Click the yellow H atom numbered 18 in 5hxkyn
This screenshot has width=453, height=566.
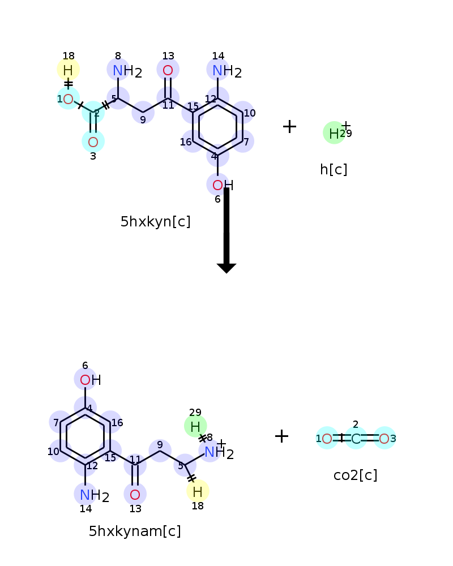pyautogui.click(x=68, y=70)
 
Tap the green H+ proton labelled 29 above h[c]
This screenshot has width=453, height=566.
pyautogui.click(x=334, y=133)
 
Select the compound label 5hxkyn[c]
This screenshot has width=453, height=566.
pyautogui.click(x=155, y=222)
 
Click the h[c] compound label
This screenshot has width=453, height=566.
pyautogui.click(x=334, y=169)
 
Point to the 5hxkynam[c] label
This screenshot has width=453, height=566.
pyautogui.click(x=135, y=531)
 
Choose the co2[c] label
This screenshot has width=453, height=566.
pyautogui.click(x=356, y=475)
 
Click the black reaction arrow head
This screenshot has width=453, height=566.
pyautogui.click(x=226, y=268)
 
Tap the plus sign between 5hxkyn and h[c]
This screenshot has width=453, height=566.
pyautogui.click(x=289, y=126)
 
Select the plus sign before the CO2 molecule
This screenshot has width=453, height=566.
pyautogui.click(x=282, y=436)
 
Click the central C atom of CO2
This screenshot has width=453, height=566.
pyautogui.click(x=356, y=439)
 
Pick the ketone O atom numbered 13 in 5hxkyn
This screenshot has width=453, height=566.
pyautogui.click(x=168, y=70)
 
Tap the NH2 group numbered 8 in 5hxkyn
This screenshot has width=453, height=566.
pyautogui.click(x=127, y=71)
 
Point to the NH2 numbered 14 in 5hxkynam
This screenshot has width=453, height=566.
pyautogui.click(x=95, y=496)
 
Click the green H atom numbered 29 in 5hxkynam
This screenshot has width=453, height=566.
pyautogui.click(x=195, y=427)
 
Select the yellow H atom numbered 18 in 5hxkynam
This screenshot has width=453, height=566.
pyautogui.click(x=197, y=492)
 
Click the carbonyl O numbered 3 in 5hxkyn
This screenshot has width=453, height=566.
pyautogui.click(x=93, y=142)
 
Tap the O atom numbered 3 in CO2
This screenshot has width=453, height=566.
pyautogui.click(x=384, y=439)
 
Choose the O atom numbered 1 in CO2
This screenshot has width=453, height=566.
pyautogui.click(x=327, y=439)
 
